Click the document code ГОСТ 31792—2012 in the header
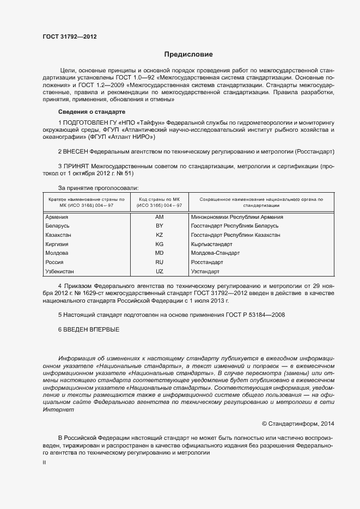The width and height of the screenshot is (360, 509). point(70,37)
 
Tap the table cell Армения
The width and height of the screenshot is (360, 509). point(57,217)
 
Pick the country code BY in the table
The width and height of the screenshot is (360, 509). point(160,225)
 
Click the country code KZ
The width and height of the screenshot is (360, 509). point(160,235)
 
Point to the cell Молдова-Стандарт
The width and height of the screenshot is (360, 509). point(216,253)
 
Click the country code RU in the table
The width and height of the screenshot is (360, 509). point(160,262)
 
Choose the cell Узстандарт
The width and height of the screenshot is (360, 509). point(205,271)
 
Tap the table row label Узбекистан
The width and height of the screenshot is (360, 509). point(60,271)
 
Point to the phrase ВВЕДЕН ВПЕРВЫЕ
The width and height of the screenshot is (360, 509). point(91,330)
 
